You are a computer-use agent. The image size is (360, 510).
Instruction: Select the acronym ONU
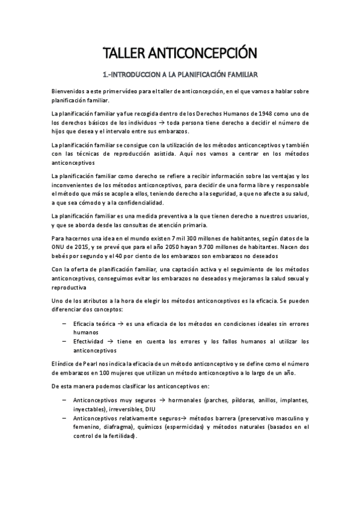(59, 247)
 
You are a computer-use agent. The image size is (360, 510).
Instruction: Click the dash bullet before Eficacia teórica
(64, 324)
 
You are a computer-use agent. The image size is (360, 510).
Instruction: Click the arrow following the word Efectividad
(116, 341)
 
